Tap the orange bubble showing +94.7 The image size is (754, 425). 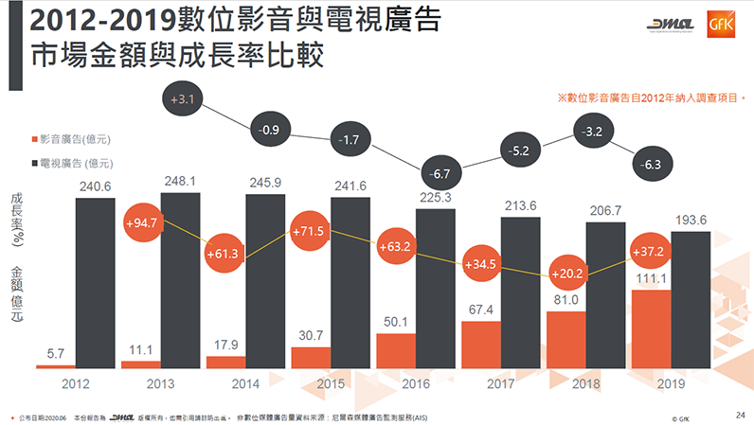tap(139, 223)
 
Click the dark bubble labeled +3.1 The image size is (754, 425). tap(184, 98)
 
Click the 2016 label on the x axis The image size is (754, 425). tap(417, 385)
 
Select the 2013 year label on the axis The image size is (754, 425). tap(161, 385)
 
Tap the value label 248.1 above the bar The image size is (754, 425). tap(181, 180)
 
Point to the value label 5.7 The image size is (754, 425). tap(56, 353)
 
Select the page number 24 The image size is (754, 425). tap(740, 415)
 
